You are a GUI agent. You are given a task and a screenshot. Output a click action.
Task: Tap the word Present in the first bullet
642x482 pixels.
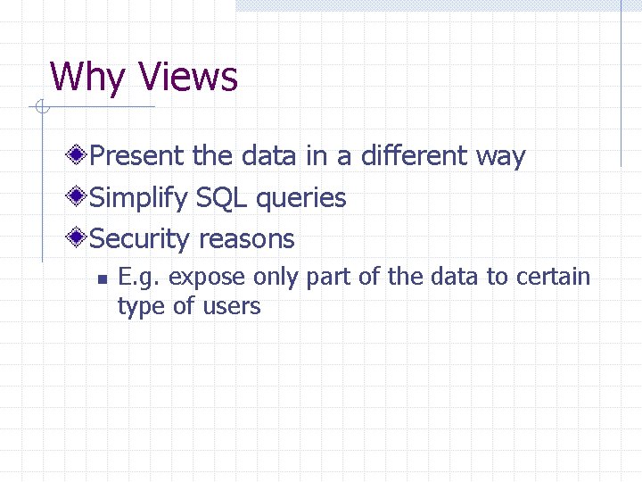pyautogui.click(x=138, y=156)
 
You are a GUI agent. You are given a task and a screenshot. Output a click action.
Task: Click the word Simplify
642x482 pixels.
pyautogui.click(x=139, y=198)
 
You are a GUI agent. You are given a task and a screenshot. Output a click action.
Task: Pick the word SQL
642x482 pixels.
pyautogui.click(x=222, y=197)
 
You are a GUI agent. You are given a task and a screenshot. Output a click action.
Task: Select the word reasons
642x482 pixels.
pyautogui.click(x=246, y=239)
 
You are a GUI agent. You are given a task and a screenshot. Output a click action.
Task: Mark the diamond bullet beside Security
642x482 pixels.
pyautogui.click(x=79, y=238)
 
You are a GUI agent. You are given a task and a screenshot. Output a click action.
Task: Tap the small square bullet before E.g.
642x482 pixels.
pyautogui.click(x=102, y=278)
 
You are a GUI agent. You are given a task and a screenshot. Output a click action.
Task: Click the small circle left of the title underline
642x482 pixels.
pyautogui.click(x=40, y=108)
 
